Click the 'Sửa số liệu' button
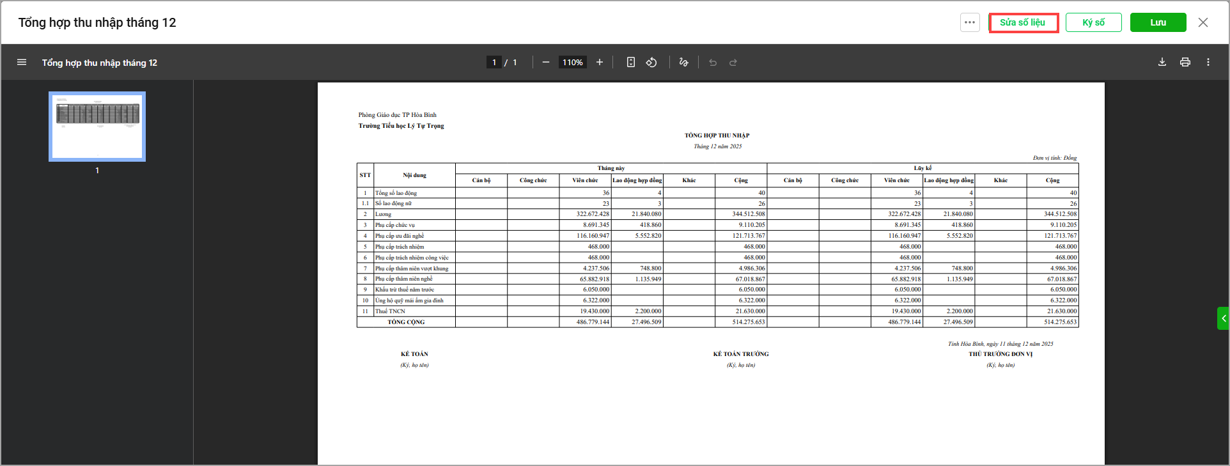click(1023, 22)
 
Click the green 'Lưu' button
click(1158, 22)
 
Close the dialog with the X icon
click(1203, 22)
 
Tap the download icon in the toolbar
click(1162, 62)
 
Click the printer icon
click(1185, 62)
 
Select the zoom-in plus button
click(600, 62)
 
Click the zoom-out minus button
click(546, 62)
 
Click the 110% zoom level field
click(573, 62)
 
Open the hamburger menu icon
click(22, 62)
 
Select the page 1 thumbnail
click(97, 126)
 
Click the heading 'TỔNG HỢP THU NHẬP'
click(717, 136)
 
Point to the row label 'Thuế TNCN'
click(390, 311)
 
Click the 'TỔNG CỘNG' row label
click(406, 322)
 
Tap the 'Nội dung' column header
click(414, 175)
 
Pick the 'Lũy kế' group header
click(922, 168)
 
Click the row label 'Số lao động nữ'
click(393, 203)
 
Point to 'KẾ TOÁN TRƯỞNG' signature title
click(741, 354)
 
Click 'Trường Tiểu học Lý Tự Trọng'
click(401, 126)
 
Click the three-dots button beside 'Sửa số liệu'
click(970, 22)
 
